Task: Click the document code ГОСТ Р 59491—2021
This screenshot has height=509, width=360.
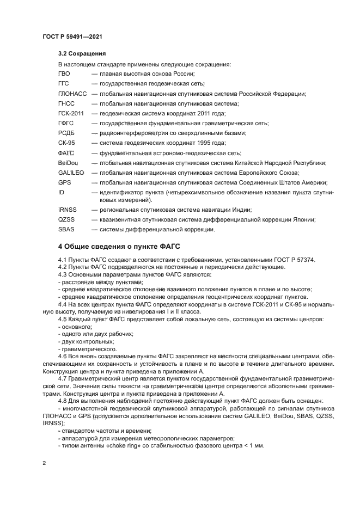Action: (72, 36)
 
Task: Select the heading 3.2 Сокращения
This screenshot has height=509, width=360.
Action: (82, 54)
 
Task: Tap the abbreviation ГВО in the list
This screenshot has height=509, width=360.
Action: (64, 73)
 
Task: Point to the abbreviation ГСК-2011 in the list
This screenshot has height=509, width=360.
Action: (71, 113)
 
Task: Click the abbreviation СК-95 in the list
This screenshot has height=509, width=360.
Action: (66, 143)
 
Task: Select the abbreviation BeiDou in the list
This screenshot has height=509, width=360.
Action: (68, 163)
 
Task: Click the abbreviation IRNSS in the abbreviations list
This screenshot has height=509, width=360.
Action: (68, 210)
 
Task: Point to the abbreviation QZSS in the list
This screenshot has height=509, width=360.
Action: (67, 219)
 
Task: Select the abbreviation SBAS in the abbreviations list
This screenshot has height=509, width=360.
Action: (66, 229)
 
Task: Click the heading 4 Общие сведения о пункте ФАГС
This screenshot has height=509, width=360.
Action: (123, 246)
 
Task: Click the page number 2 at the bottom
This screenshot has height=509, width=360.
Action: (45, 463)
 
